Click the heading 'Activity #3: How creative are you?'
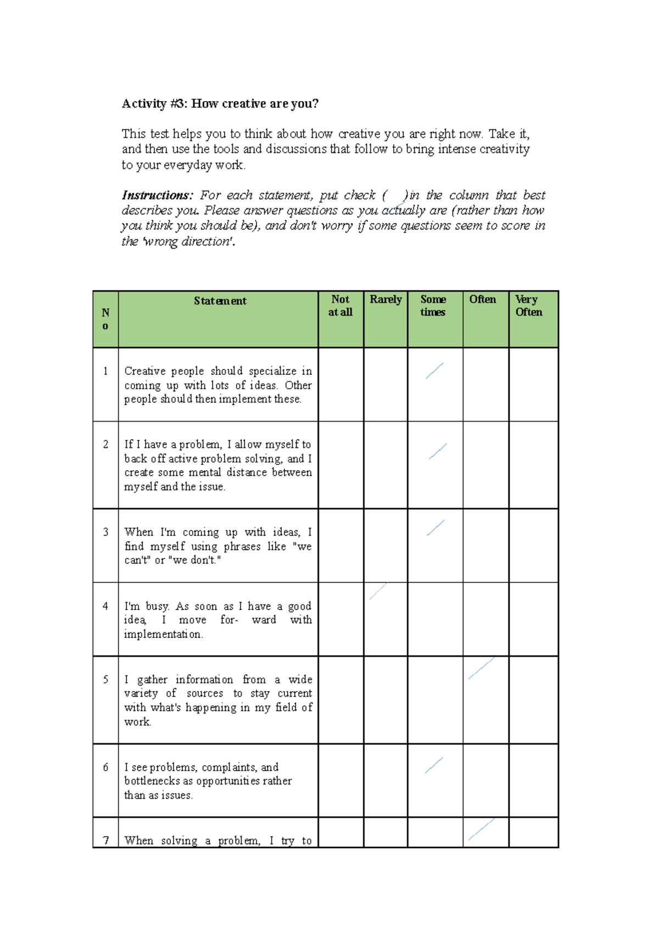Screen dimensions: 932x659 coord(220,104)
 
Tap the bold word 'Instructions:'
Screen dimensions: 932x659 coord(157,195)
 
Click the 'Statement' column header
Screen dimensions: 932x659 coord(220,301)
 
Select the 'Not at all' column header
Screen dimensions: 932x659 coord(340,306)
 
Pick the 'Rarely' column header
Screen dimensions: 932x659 coord(386,300)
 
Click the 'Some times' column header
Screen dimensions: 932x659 coord(433,306)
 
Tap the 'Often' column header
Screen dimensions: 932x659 coord(482,300)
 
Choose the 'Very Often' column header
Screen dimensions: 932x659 coord(528,306)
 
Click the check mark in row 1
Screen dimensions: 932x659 coord(434,371)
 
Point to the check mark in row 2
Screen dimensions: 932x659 coord(438,451)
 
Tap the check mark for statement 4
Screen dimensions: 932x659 coord(378,591)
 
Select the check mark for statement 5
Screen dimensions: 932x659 coord(481,669)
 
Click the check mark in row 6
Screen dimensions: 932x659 coord(434,765)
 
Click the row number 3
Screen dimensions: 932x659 coord(105,532)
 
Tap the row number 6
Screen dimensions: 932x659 coord(105,767)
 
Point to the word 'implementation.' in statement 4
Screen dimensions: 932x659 coord(163,635)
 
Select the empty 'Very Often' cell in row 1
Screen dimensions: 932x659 coord(533,384)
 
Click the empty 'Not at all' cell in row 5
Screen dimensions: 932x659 coord(340,700)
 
